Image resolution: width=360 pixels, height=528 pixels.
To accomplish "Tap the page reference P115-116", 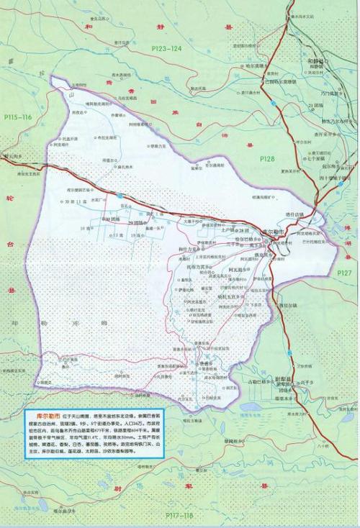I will point(17,117).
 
